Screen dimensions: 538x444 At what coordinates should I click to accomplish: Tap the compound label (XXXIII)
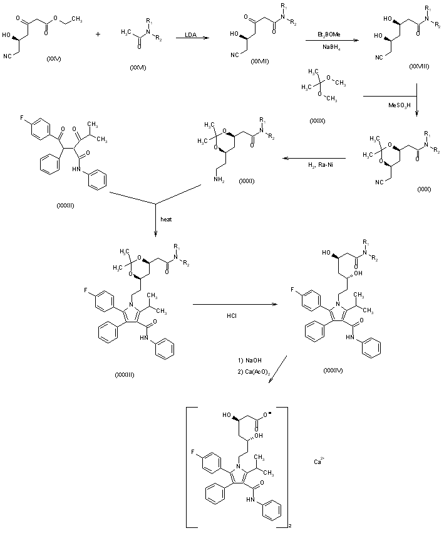pos(125,374)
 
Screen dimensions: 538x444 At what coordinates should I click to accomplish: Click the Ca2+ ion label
pos(318,462)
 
